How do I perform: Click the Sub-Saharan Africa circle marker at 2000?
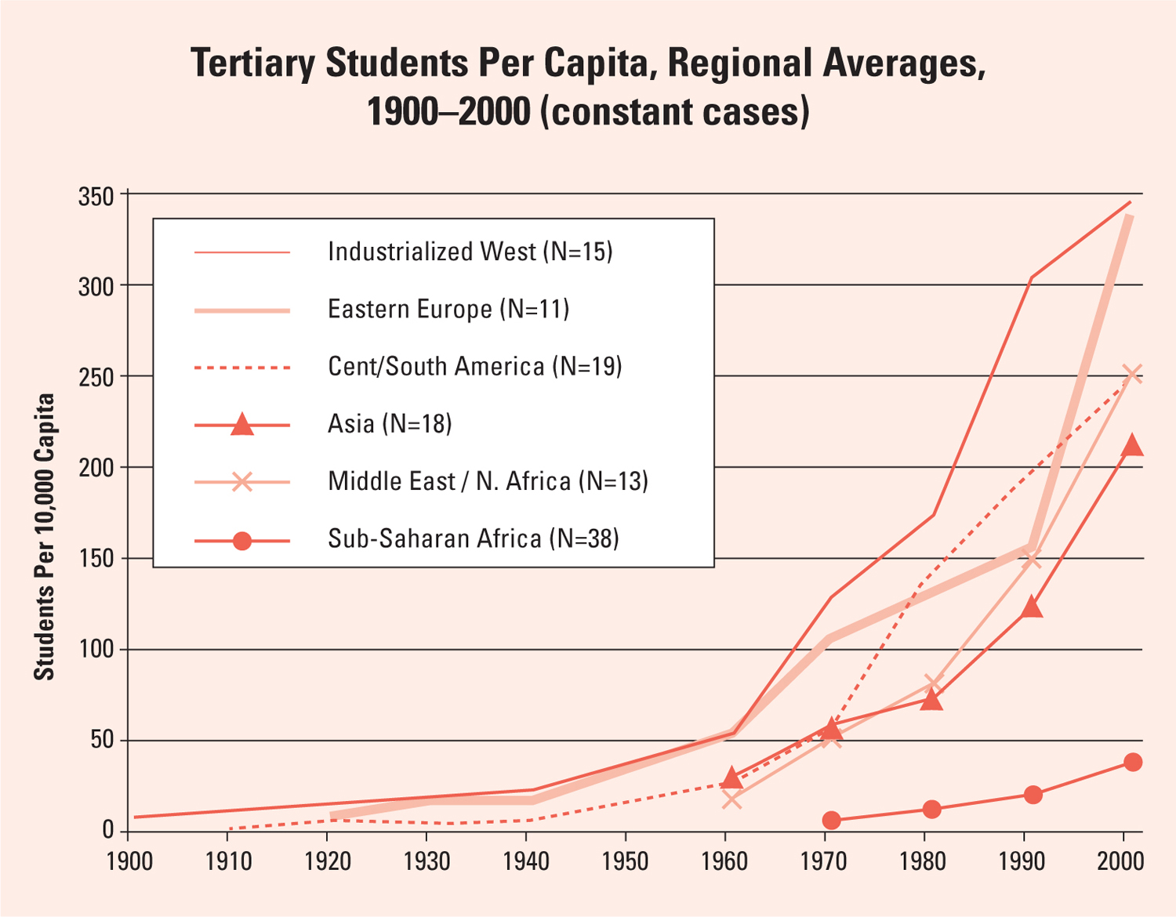[x=1133, y=762]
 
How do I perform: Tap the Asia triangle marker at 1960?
[x=731, y=778]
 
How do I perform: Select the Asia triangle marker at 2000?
[x=1132, y=446]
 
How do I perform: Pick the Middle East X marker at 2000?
[x=1132, y=374]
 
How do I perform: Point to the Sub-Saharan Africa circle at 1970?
[x=832, y=820]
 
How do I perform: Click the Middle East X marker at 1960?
[x=731, y=799]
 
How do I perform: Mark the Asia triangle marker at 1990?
[x=1033, y=607]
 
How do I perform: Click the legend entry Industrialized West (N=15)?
[x=470, y=252]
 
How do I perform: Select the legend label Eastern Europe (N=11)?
[x=448, y=309]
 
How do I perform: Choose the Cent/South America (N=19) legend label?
[x=474, y=366]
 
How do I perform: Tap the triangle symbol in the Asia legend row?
[x=242, y=425]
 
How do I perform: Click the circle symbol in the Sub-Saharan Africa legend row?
[x=242, y=540]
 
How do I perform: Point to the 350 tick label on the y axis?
[x=96, y=196]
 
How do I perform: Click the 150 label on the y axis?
[x=96, y=558]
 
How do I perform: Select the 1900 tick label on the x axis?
[x=129, y=861]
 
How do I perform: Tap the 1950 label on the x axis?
[x=625, y=861]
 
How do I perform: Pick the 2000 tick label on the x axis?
[x=1121, y=861]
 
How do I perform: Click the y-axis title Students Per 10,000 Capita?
[x=45, y=537]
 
